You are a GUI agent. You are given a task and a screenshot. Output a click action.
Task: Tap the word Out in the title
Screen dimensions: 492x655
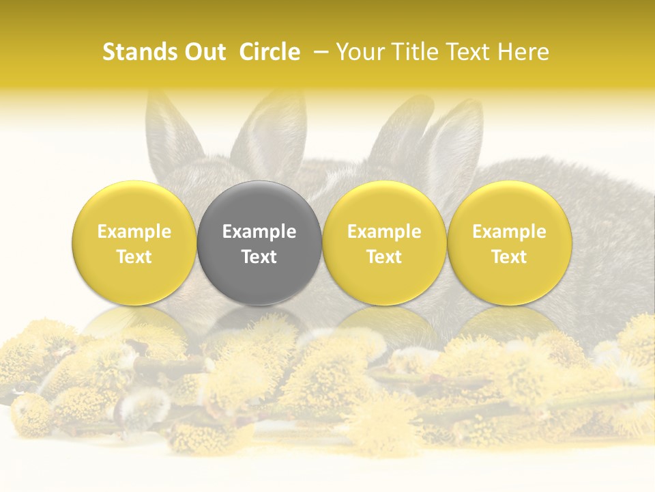click(203, 52)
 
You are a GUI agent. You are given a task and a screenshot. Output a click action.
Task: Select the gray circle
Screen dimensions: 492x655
click(259, 243)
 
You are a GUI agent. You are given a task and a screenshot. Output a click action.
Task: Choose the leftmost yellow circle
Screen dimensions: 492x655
click(134, 243)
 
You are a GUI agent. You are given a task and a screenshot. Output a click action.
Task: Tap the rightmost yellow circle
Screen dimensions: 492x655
click(509, 243)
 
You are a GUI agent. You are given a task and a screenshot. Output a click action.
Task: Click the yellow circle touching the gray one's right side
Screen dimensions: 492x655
click(384, 243)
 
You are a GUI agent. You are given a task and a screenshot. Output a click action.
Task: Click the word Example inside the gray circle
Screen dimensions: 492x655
click(259, 232)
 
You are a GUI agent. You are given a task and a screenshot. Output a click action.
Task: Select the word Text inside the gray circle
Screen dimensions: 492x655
click(259, 257)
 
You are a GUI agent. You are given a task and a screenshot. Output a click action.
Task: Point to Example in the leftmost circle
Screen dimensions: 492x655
click(134, 232)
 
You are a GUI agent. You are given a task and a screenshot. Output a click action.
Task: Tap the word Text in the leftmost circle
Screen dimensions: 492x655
click(134, 257)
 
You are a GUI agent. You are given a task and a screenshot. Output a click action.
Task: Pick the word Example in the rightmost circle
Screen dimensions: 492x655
click(509, 232)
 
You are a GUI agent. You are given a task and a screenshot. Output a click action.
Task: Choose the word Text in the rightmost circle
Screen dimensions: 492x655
click(509, 257)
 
